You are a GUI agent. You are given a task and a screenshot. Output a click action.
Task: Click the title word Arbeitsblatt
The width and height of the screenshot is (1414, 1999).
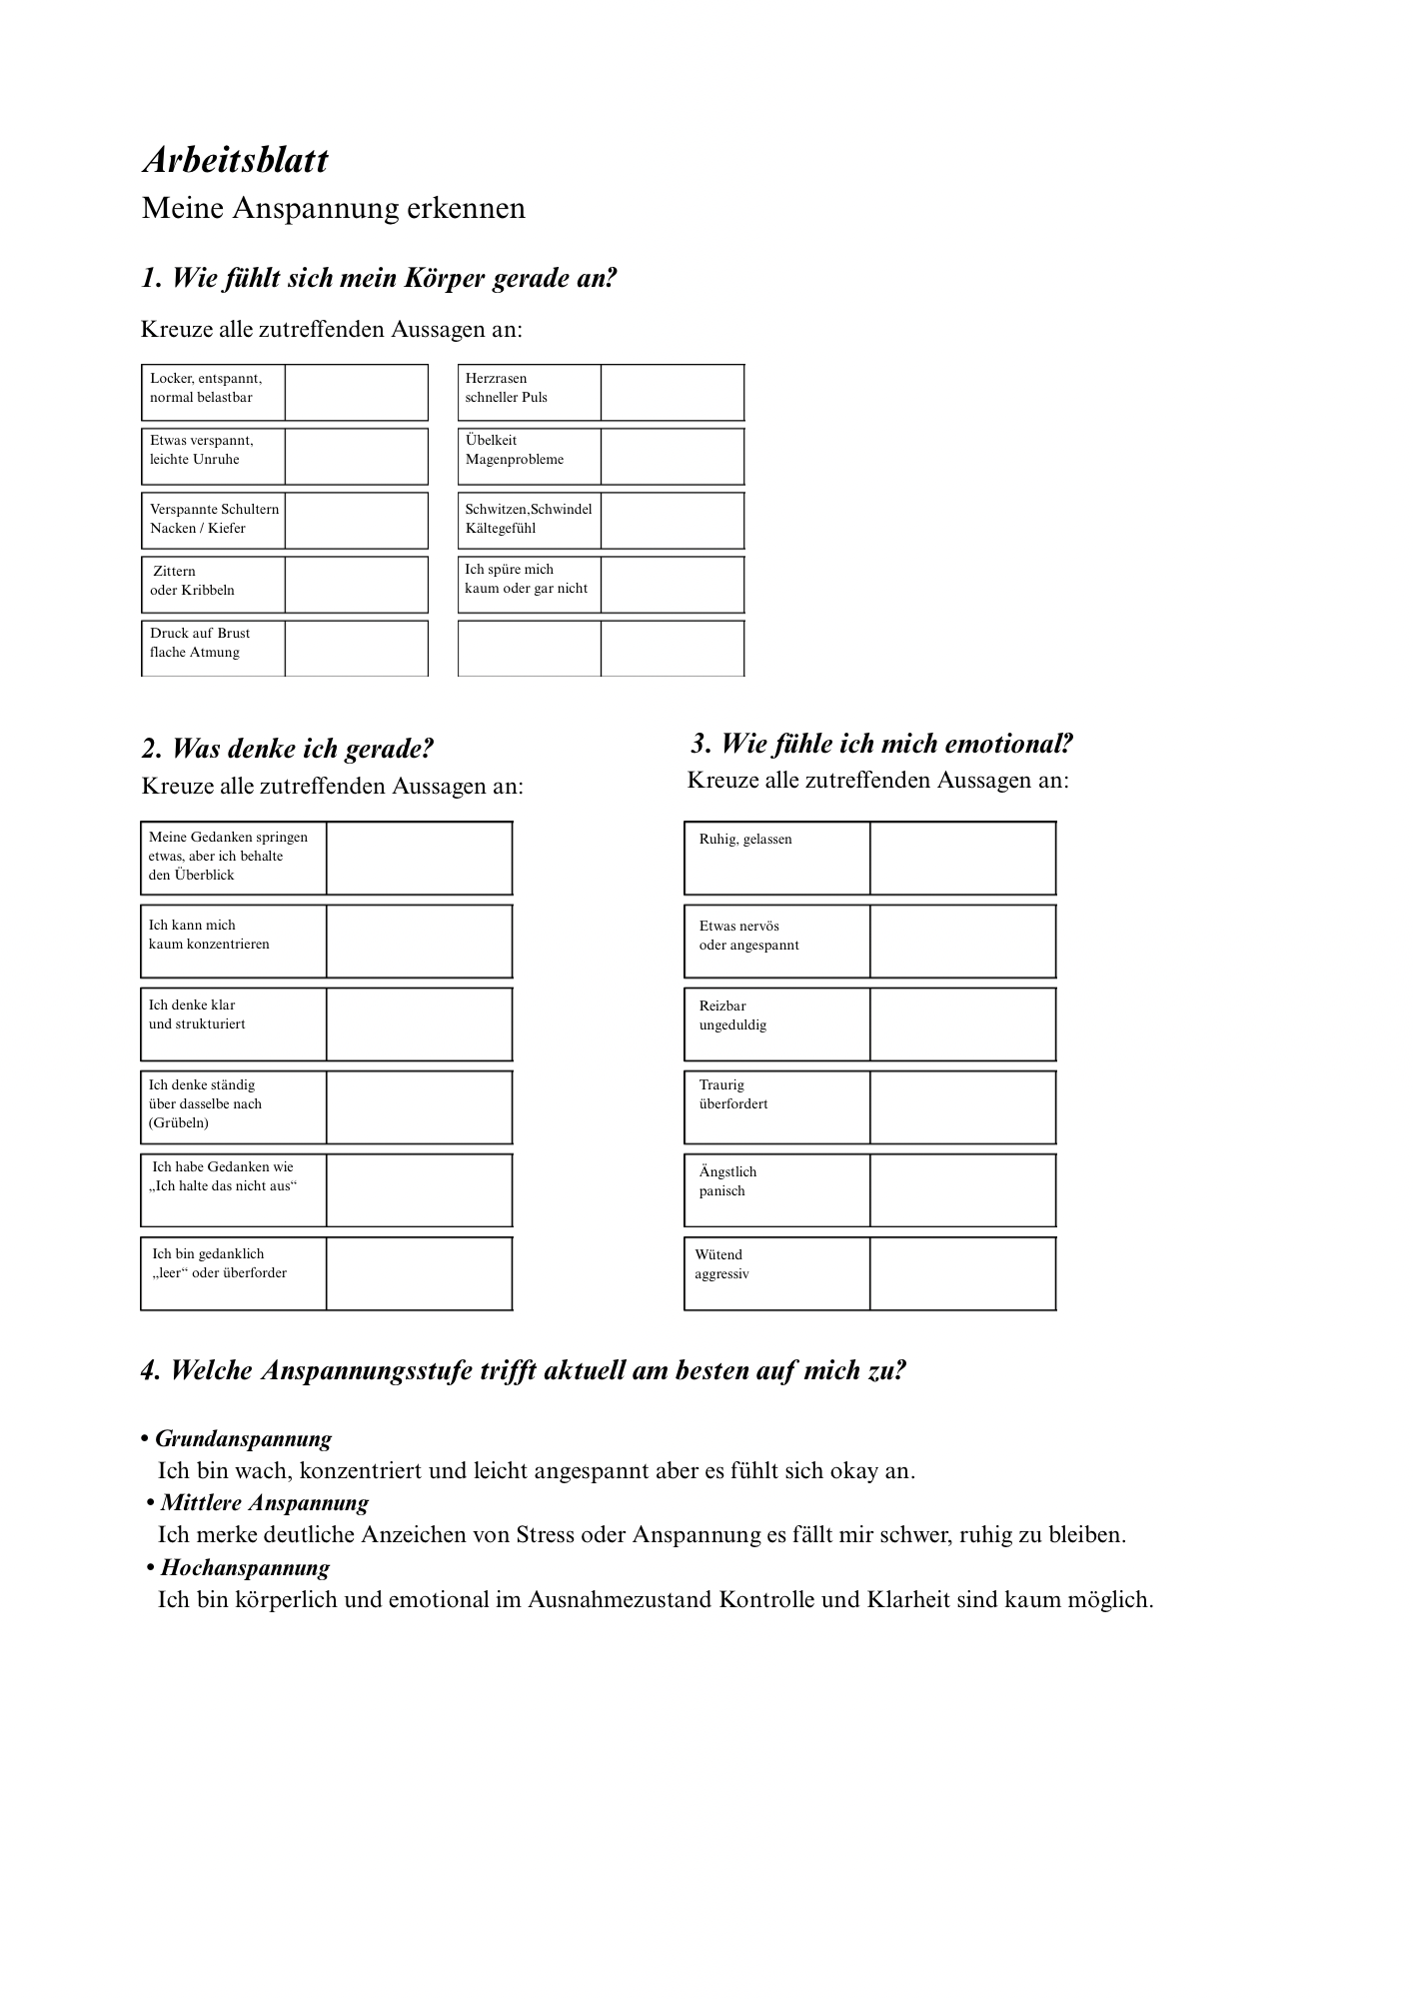(235, 160)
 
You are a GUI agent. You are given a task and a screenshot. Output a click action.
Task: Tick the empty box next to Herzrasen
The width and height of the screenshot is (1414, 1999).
(672, 392)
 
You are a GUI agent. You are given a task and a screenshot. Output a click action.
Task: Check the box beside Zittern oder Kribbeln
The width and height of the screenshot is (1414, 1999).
(356, 584)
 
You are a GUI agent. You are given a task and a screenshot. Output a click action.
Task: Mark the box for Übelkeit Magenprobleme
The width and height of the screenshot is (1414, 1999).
(672, 456)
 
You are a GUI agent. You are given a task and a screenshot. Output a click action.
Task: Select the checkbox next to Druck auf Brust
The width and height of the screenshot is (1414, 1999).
(356, 648)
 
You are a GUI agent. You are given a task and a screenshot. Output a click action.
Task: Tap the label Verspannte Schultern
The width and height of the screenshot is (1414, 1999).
(214, 509)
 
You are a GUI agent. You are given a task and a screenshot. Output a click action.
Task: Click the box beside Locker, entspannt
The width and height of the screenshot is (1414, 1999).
(356, 392)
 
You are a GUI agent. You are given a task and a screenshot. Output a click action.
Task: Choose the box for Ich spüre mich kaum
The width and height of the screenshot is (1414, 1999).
(672, 584)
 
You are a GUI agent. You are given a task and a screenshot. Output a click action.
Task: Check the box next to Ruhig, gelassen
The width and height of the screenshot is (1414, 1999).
(962, 858)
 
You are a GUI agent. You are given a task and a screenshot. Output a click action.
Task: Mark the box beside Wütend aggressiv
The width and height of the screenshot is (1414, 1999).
(962, 1273)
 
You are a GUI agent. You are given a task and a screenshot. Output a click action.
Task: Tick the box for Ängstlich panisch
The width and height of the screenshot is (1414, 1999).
(962, 1190)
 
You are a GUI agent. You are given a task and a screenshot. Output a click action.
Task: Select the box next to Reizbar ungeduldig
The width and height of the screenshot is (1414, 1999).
(962, 1024)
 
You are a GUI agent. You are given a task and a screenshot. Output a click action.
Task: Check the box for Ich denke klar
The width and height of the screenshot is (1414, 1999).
(419, 1024)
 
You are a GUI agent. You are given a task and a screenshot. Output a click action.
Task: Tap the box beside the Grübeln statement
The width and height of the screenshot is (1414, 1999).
(419, 1107)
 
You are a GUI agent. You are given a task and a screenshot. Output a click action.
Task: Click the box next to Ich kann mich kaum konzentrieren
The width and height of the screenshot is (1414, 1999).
(419, 942)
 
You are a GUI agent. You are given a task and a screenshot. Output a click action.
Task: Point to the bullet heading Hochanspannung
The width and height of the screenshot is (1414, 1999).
(245, 1567)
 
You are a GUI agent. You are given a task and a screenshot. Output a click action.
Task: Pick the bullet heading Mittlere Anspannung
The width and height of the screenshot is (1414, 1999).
(264, 1502)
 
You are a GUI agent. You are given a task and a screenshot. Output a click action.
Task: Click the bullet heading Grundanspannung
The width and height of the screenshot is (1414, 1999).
(243, 1438)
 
